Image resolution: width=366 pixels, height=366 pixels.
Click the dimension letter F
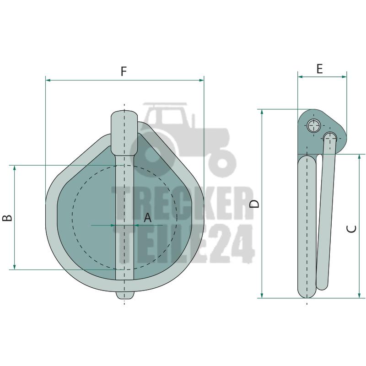(x=124, y=71)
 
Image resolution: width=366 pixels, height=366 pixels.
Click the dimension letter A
(x=147, y=218)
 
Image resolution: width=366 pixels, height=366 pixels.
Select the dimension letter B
(x=7, y=218)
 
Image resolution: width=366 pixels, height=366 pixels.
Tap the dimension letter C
(x=351, y=229)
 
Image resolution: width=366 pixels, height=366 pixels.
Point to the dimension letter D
(x=254, y=204)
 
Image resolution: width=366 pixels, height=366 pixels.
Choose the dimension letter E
(x=319, y=69)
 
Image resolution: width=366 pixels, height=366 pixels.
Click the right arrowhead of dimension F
(x=201, y=81)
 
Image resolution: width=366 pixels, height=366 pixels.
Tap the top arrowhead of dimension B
(x=15, y=168)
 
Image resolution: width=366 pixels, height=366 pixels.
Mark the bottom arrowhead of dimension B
(x=15, y=267)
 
